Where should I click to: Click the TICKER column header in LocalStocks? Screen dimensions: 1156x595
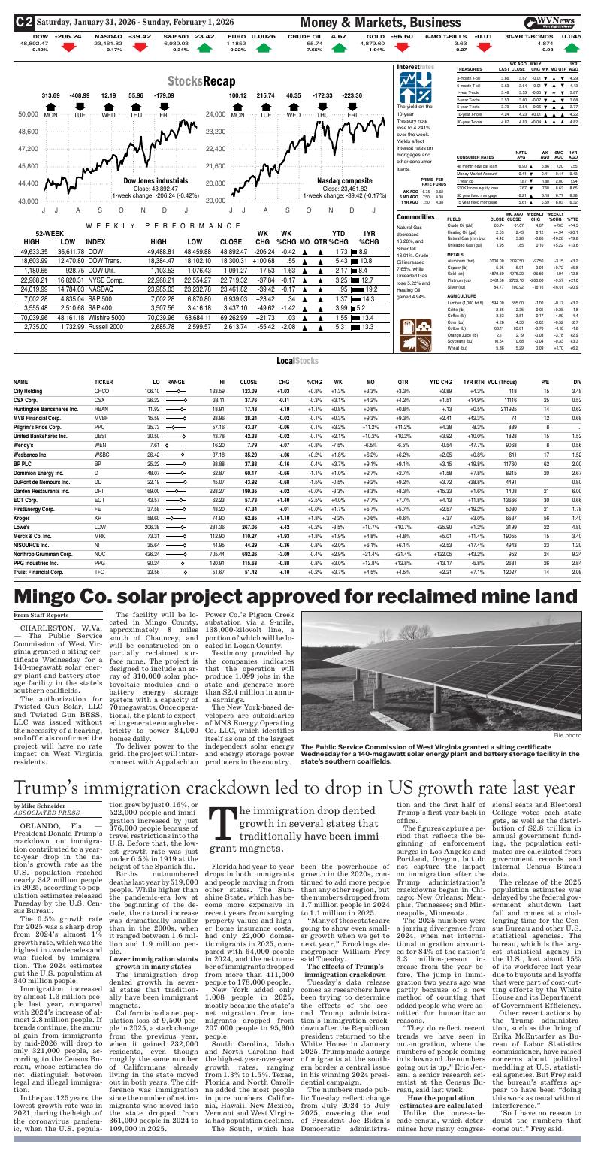pos(104,382)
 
